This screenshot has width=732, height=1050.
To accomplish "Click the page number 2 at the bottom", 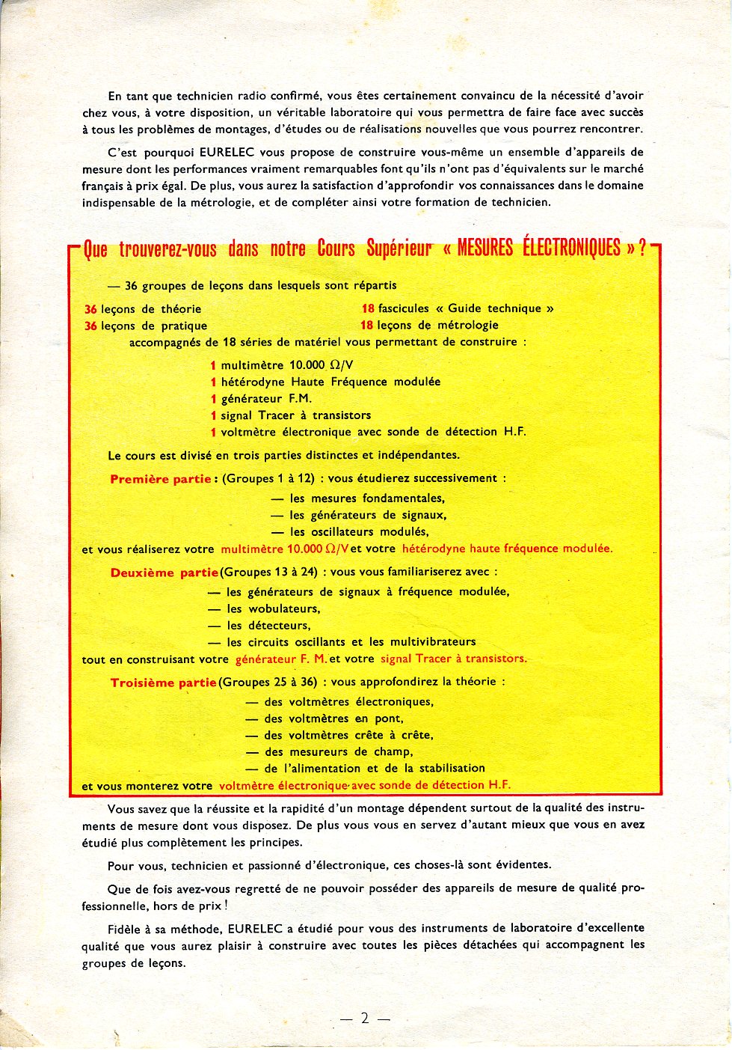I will point(365,1018).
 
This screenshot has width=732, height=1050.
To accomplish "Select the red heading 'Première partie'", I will point(161,479).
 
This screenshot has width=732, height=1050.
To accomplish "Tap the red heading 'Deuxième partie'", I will point(164,573).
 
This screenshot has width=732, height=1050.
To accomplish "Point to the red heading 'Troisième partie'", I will point(163,683).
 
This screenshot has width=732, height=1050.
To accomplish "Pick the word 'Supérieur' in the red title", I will point(399,248).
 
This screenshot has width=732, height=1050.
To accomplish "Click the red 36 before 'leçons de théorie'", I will point(90,309).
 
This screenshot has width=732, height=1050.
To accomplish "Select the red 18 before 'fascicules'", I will point(367,308).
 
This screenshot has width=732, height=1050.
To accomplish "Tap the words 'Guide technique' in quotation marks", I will point(494,308).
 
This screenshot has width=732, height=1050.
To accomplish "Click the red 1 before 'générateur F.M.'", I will point(213,399).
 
